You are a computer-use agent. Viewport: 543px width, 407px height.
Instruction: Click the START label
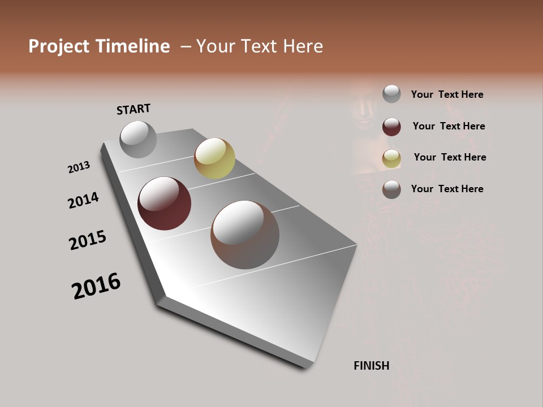coord(133,109)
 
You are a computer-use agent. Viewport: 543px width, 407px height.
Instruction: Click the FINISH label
coord(372,366)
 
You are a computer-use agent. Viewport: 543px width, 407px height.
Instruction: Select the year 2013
coord(79,167)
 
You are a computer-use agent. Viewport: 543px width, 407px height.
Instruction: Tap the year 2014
coord(83,200)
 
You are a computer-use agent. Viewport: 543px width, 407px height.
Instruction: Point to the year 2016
coord(96,286)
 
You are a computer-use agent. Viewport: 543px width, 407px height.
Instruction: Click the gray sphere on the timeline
coord(138,139)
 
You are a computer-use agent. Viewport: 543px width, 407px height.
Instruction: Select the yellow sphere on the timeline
coord(214,158)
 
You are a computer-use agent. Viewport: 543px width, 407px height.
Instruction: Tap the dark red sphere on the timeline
coord(165,203)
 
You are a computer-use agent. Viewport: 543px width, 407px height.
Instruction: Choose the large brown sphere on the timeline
coord(245,235)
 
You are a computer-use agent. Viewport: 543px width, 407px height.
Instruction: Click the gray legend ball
coord(391,94)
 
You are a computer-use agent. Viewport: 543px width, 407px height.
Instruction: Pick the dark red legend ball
coord(391,127)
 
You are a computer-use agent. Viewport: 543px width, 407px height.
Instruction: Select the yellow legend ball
coord(391,159)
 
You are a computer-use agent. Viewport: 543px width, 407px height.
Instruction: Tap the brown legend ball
coord(391,189)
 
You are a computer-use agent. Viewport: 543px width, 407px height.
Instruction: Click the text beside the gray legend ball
coord(447,94)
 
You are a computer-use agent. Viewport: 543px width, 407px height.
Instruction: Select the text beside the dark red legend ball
coord(449,126)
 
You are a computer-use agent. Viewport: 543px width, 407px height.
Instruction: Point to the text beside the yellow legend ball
coord(450,157)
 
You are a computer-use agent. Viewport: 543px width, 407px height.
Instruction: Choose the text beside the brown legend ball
coord(447,189)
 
